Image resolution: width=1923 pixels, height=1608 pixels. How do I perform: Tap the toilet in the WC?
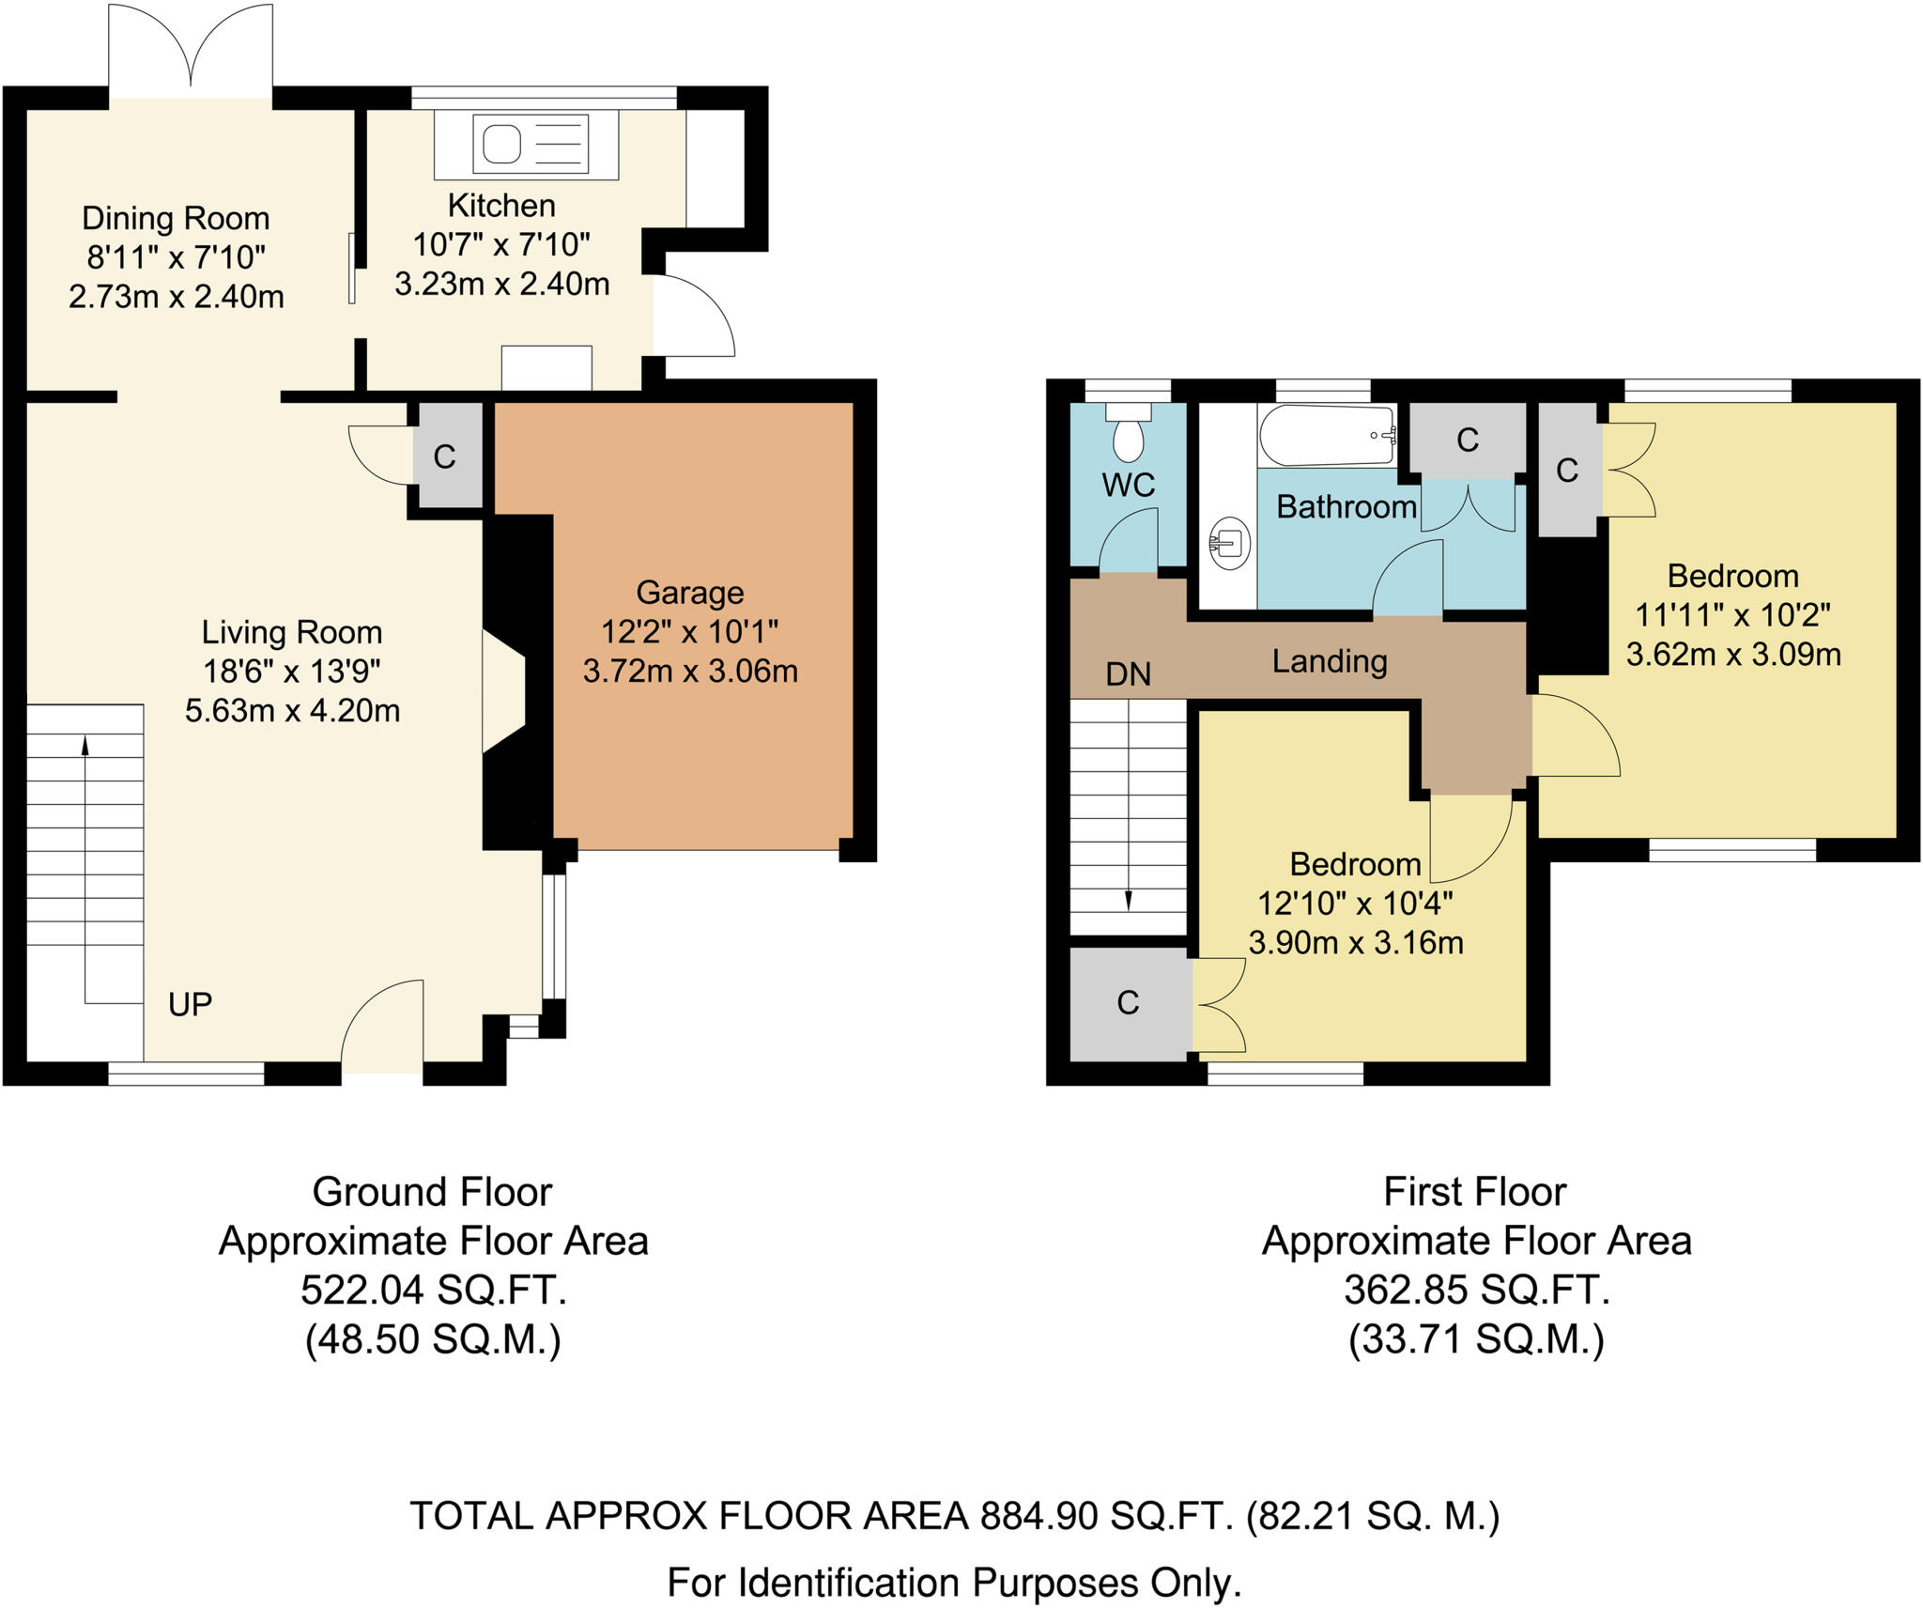click(1128, 435)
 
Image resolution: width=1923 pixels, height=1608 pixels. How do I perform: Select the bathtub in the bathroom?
click(1327, 435)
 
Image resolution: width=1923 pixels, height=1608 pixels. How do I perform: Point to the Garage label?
click(690, 593)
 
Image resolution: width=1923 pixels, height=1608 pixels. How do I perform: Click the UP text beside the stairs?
click(190, 1004)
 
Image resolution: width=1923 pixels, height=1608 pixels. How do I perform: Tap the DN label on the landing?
click(1128, 673)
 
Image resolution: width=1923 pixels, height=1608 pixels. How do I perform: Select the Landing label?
click(1330, 661)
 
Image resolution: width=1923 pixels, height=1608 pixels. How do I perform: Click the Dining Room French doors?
click(191, 52)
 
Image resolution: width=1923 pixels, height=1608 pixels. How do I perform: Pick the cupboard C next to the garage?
click(445, 457)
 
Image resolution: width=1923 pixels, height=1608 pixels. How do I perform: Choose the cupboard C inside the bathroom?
click(1468, 440)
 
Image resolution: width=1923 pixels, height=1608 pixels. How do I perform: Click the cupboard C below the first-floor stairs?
click(1128, 1003)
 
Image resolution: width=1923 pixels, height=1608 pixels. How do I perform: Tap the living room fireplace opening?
click(502, 690)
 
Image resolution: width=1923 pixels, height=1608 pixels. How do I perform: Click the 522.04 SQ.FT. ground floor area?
click(434, 1290)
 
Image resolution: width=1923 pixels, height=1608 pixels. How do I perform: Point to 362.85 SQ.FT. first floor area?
click(1476, 1290)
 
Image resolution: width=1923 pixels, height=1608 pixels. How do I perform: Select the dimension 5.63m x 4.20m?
click(292, 710)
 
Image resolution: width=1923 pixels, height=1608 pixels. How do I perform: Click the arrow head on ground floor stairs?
click(85, 745)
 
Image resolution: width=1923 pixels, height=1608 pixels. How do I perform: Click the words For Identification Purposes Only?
click(954, 1583)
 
